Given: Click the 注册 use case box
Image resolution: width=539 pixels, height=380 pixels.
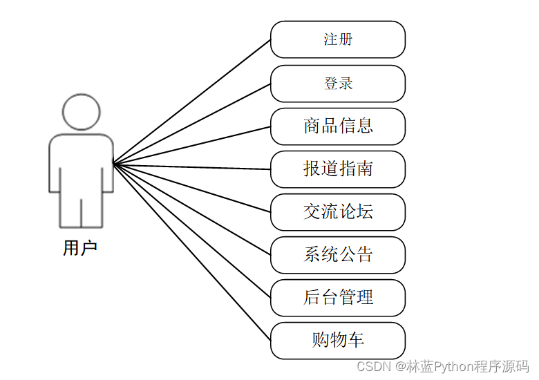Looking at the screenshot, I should point(337,39).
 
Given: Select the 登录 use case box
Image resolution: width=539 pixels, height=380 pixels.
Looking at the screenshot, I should point(337,84).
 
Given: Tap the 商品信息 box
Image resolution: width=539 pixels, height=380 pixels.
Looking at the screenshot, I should point(337,126).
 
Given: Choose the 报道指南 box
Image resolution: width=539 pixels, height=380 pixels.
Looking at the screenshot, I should point(337,169).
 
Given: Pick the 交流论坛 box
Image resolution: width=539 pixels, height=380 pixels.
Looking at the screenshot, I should point(337,212).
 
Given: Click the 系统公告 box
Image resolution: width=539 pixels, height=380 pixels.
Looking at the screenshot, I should point(337,255).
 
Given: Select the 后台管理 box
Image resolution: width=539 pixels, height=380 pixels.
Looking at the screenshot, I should point(337,298).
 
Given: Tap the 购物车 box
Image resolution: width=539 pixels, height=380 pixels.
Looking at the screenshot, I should point(337,341).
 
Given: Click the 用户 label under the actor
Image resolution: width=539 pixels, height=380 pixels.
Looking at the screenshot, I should point(80,248).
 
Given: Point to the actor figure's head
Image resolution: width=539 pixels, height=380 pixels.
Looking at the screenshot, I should point(81,111).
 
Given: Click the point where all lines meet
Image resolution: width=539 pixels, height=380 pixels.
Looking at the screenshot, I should point(113,164).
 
